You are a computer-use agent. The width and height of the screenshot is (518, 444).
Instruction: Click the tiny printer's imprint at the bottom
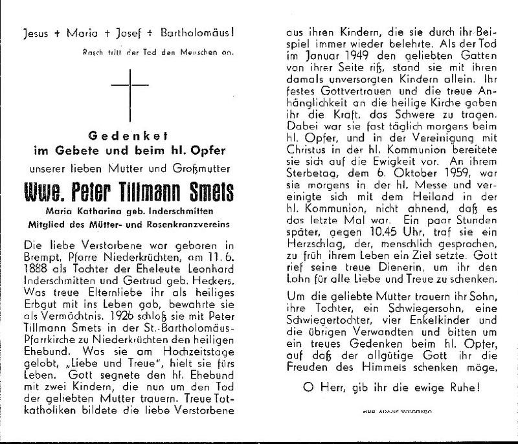pyautogui.click(x=388, y=411)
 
